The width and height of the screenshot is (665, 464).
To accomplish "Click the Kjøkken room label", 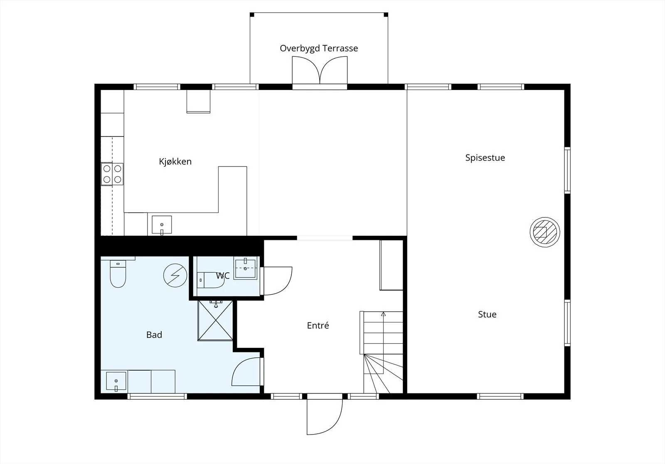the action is coord(175,161).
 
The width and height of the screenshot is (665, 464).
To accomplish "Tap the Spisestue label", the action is coord(485,158).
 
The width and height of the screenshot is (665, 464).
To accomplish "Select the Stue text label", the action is coord(487,314).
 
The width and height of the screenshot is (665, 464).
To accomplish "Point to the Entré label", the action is coord(318,325).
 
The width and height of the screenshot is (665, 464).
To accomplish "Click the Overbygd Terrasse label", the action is coord(319,48).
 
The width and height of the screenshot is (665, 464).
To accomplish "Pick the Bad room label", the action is coord(154,335).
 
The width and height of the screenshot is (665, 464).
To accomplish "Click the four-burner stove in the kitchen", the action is coord(112,174).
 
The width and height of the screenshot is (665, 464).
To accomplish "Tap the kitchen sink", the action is coord(162,225).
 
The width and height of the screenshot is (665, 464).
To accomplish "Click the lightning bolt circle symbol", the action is coord(175,276).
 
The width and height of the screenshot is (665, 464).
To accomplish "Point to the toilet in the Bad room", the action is coord(118,274).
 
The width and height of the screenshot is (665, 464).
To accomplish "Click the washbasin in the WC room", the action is coord(245,269).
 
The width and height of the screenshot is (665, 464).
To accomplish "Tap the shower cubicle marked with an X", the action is coord(215,320).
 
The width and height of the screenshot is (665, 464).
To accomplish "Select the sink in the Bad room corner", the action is coord(116,381).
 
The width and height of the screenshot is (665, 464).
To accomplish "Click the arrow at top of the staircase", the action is coord(383,314).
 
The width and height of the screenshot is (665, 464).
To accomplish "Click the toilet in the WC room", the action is coord(210,280).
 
